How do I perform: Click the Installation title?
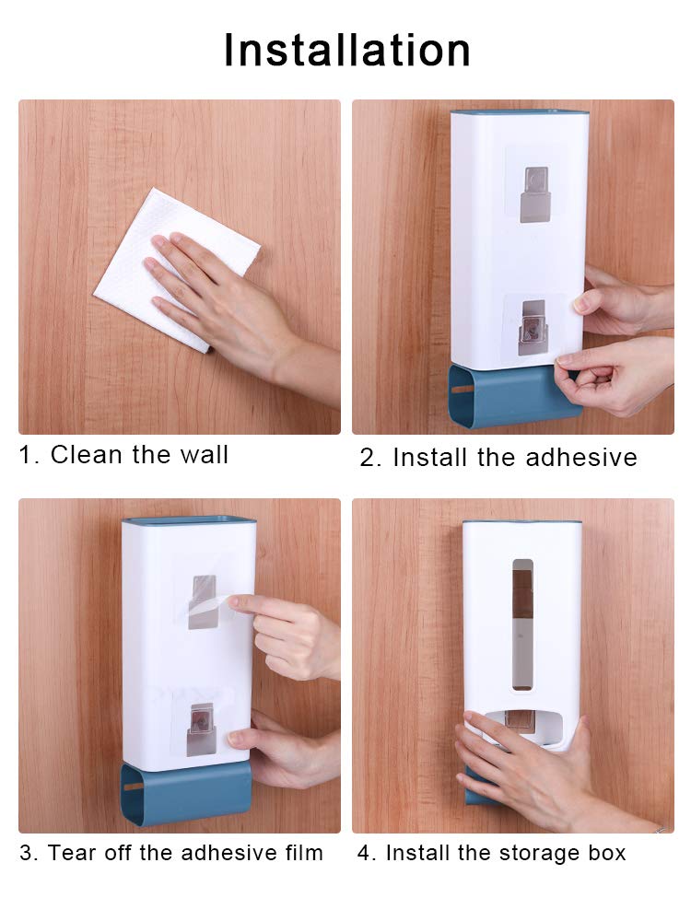346,51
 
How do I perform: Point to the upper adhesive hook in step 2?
534,194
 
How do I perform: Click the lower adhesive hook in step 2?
533,328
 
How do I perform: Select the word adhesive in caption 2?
581,458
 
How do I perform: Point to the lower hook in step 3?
201,729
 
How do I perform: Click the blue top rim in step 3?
189,520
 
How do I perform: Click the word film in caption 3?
304,853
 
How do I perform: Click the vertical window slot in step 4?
522,624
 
